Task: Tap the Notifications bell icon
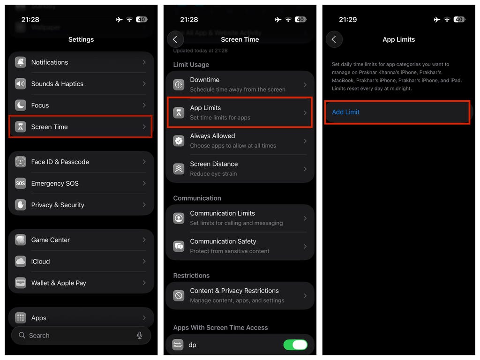coord(21,62)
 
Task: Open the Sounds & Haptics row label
coord(57,84)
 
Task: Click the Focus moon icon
coord(21,105)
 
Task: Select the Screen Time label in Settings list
coord(49,127)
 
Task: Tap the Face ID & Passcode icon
coord(21,162)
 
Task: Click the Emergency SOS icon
coord(21,183)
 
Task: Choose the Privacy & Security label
coord(58,205)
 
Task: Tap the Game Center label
coord(51,240)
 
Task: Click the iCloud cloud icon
coord(21,262)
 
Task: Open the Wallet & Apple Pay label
coord(59,283)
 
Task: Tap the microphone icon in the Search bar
coord(140,336)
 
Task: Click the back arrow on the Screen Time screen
coord(175,39)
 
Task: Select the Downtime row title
coord(204,80)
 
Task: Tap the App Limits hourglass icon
coord(179,112)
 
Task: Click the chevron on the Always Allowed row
coord(305,141)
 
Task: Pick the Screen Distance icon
coord(179,169)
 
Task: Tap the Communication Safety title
coord(223,241)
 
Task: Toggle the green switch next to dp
coord(295,345)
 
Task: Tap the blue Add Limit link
coord(345,112)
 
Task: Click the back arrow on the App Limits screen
coord(334,39)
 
